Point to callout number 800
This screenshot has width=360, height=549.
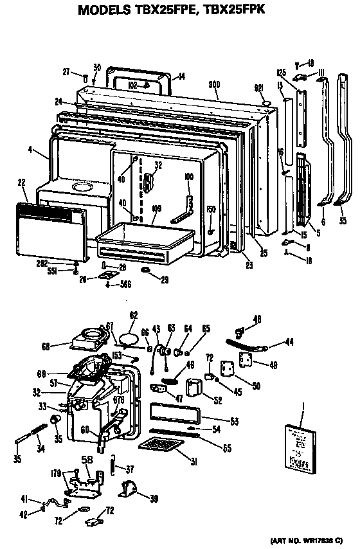click(x=215, y=85)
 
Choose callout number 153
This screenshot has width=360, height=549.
click(x=117, y=355)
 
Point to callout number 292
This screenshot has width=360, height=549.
click(x=60, y=263)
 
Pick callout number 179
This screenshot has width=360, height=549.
click(x=56, y=474)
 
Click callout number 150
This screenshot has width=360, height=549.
click(x=210, y=210)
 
